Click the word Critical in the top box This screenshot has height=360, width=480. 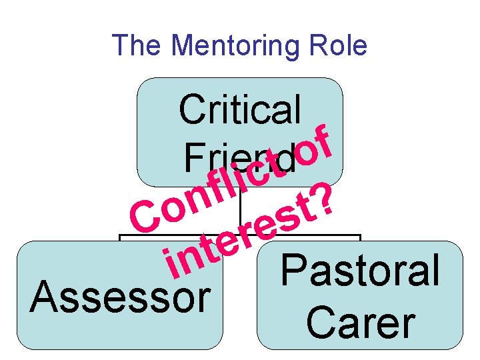pyautogui.click(x=240, y=109)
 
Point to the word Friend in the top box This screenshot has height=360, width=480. pyautogui.click(x=237, y=158)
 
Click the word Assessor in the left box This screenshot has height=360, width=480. pyautogui.click(x=120, y=297)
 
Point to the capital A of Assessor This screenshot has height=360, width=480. pyautogui.click(x=44, y=297)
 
